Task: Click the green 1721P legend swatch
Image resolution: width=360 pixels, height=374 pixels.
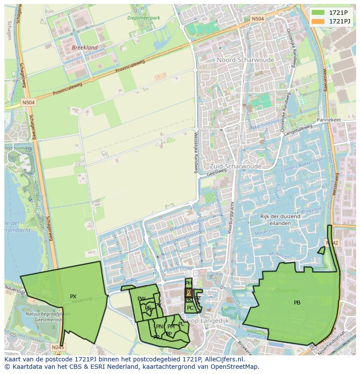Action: (318, 13)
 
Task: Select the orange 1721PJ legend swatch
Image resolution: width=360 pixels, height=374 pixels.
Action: (318, 21)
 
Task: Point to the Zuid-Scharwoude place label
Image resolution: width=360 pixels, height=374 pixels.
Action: (235, 166)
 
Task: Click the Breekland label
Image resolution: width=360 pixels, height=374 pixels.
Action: (85, 47)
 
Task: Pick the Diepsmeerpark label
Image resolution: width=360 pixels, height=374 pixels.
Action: (144, 18)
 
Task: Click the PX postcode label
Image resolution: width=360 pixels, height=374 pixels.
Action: (73, 297)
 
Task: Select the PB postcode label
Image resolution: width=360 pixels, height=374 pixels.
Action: (297, 303)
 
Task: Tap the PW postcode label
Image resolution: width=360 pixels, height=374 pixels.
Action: (141, 299)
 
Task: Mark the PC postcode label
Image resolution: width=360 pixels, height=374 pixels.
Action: (190, 308)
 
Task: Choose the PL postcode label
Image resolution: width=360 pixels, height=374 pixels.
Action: (181, 324)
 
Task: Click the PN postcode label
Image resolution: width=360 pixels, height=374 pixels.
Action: (160, 327)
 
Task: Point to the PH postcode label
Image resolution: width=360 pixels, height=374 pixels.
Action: (188, 283)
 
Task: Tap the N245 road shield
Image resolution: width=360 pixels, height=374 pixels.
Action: (57, 348)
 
